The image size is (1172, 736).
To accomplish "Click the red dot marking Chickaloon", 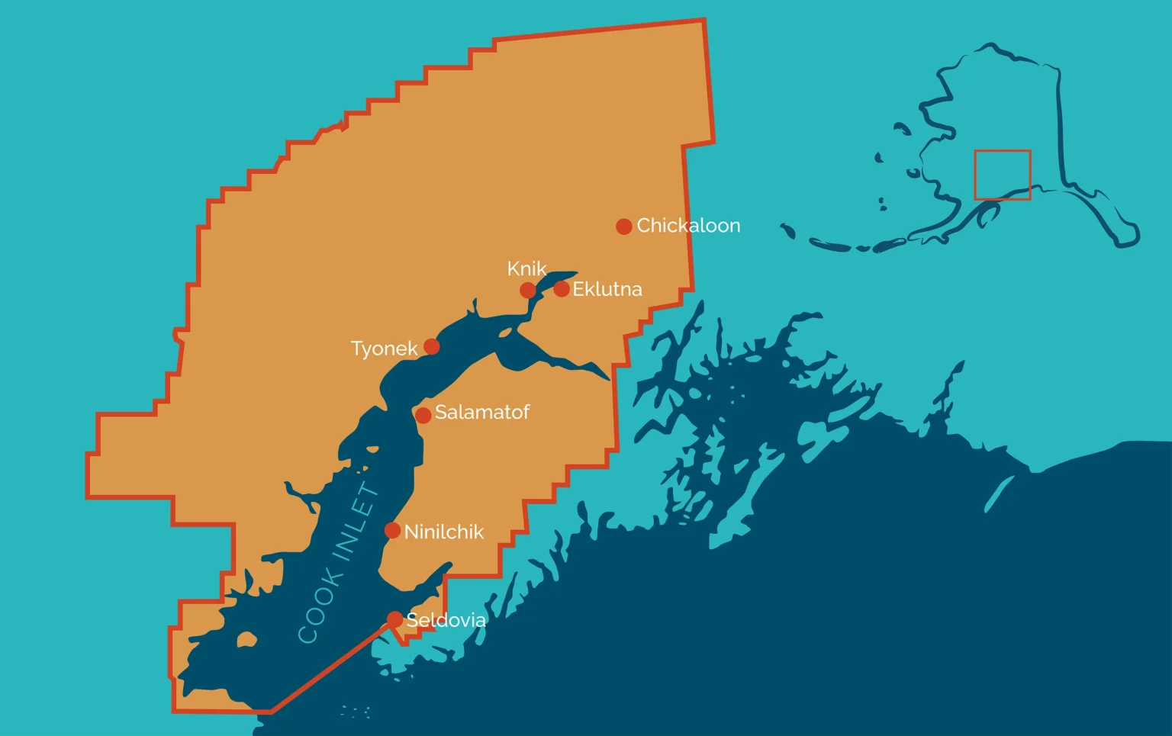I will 623,227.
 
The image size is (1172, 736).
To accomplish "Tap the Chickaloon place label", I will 688,226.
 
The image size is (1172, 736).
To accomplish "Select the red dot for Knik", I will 527,290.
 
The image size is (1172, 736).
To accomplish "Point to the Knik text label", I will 526,268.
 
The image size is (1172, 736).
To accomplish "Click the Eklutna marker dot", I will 561,289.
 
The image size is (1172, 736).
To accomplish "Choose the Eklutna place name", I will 607,289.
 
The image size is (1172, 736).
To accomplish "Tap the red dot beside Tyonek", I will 431,347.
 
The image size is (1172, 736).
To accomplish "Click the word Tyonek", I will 384,349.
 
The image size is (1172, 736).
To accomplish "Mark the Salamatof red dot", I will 423,415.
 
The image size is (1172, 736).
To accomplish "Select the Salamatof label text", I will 481,413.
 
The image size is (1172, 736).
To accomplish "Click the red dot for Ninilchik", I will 392,531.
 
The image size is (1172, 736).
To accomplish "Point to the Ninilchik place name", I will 443,532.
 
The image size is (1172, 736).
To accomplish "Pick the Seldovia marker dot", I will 394,619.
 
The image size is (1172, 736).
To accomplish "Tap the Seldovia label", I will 446,620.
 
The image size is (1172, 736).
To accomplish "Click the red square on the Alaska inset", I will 1002,175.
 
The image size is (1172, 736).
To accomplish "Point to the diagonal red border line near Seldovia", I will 328,668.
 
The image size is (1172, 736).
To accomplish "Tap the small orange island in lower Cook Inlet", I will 246,639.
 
